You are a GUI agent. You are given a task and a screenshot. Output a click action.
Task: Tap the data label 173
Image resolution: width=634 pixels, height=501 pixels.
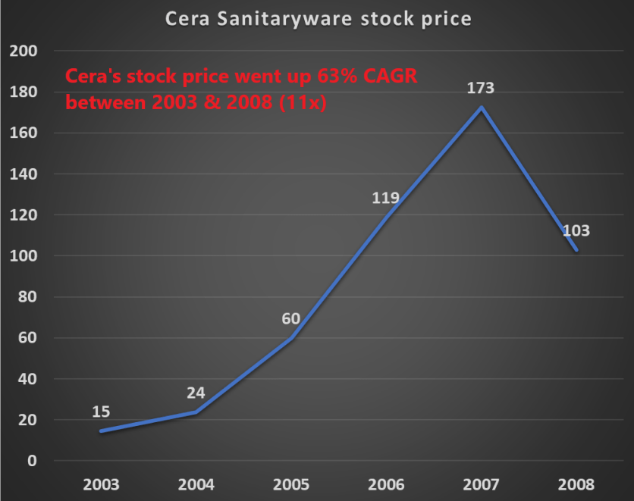[x=481, y=88]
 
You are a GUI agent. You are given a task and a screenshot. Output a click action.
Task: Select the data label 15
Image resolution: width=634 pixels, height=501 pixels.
[x=102, y=412]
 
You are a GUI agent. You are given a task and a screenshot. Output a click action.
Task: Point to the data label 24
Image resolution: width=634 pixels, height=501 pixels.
[x=196, y=393]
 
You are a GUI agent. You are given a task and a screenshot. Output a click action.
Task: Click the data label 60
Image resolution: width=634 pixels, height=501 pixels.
[x=291, y=319]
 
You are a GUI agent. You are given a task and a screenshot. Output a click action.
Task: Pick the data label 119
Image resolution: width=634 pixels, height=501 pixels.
[x=385, y=199]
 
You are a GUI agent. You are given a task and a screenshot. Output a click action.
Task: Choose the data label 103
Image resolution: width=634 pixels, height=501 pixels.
[x=576, y=231]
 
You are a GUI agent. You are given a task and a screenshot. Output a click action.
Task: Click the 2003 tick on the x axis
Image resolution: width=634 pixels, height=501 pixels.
[x=102, y=484]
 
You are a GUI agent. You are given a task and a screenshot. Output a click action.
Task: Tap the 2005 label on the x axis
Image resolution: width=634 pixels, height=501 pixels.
[x=291, y=484]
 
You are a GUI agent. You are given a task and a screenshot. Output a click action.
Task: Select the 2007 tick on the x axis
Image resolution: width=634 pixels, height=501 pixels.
[x=481, y=484]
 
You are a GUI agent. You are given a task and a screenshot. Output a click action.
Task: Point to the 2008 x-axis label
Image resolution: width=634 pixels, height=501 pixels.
[x=576, y=484]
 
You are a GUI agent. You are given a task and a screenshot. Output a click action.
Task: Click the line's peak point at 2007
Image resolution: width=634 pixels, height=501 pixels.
[x=481, y=107]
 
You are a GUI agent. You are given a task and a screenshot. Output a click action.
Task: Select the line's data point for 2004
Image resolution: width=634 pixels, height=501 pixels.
[x=196, y=412]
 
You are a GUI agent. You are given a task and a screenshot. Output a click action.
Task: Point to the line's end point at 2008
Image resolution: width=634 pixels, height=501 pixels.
[x=576, y=250]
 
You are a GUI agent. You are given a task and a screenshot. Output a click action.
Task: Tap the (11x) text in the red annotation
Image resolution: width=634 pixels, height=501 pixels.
[x=302, y=103]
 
